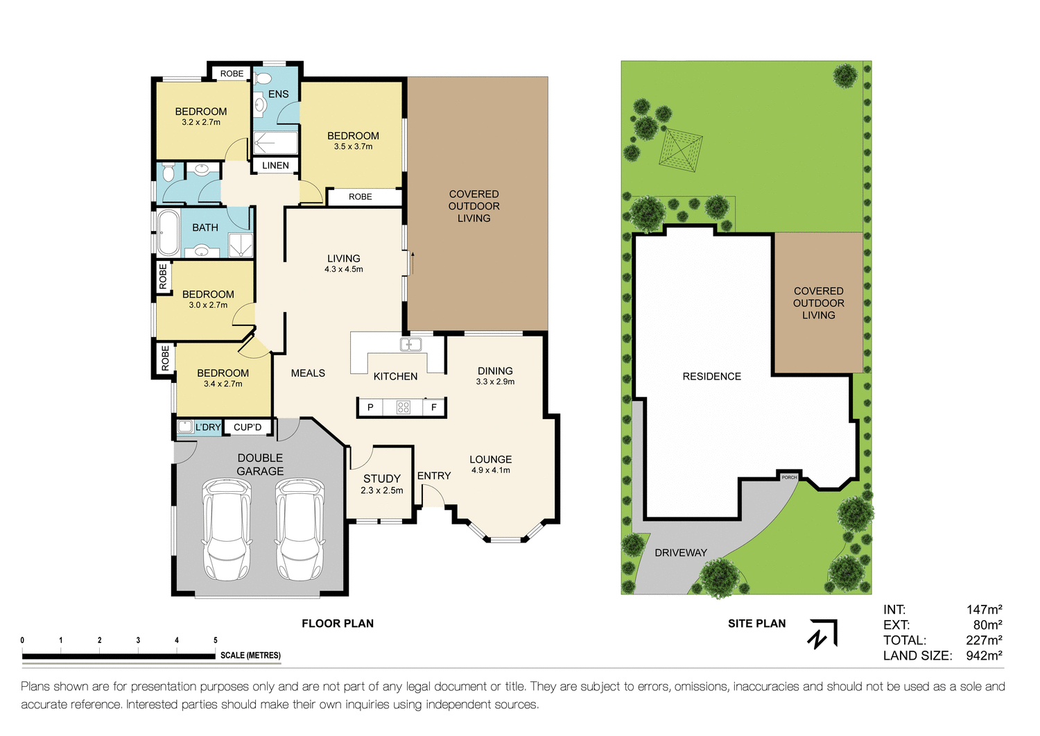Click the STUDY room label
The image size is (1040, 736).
pos(382,479)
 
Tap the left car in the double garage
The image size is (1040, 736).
pos(226,530)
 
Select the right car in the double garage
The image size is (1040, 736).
pos(300,530)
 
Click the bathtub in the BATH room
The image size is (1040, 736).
pos(168,234)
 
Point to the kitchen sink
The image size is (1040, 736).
pos(410,345)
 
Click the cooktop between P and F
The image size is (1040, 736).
pos(403,407)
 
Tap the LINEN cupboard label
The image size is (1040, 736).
pos(275,165)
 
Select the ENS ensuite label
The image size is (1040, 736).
pos(278,94)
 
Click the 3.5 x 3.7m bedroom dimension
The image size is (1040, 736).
pos(353,147)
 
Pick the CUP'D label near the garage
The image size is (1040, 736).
pos(248,427)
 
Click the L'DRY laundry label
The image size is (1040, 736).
pos(207,427)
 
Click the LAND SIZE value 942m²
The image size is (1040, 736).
pos(984,656)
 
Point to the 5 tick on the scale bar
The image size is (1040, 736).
pos(216,640)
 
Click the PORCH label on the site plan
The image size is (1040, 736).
pos(789,477)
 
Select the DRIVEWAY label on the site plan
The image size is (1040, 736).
pos(681,553)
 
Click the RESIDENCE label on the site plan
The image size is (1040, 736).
pos(711,377)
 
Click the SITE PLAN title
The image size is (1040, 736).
pos(756,624)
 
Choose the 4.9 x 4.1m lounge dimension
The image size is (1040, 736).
pos(490,470)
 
